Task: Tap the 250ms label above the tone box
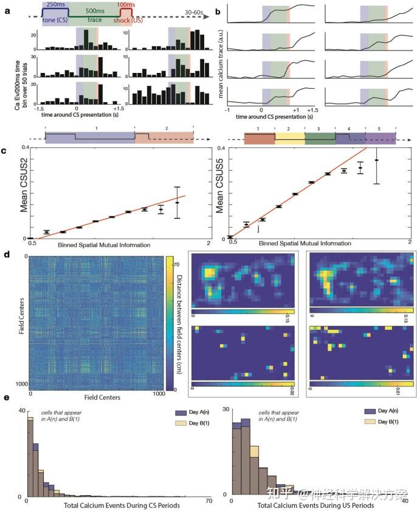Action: (x=55, y=5)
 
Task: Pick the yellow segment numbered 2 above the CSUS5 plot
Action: (x=289, y=138)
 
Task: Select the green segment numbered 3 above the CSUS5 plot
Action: (x=320, y=138)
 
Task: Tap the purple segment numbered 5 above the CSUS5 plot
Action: (x=380, y=138)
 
